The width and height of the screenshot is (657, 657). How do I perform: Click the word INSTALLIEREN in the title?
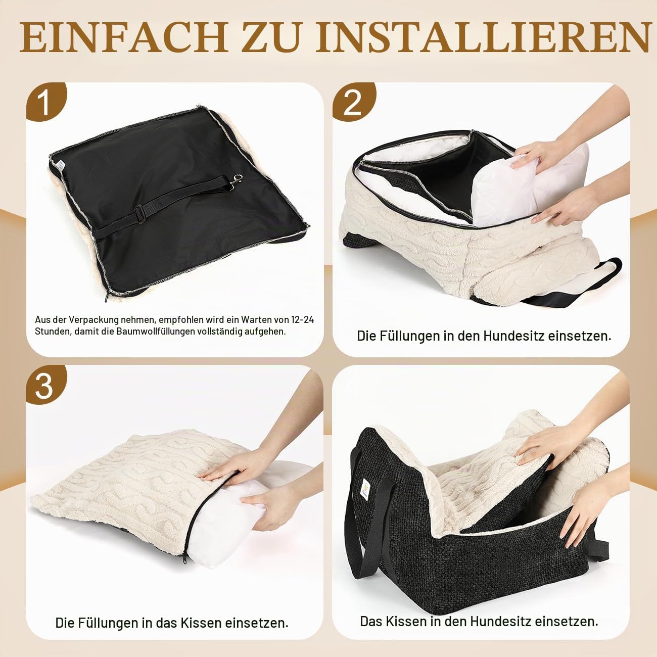coord(482,38)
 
